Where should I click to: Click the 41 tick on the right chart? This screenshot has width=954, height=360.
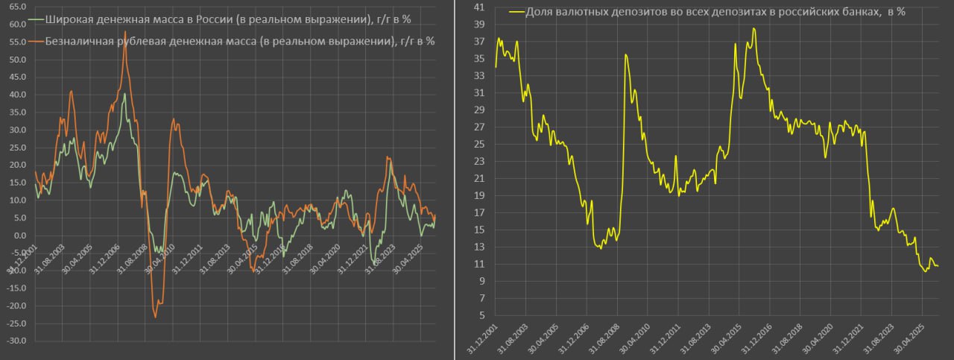pos(479,7)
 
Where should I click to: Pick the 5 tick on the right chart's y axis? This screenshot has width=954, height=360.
pos(482,315)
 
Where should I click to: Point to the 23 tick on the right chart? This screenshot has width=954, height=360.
pos(479,161)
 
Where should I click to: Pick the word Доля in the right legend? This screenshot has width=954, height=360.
pos(540,13)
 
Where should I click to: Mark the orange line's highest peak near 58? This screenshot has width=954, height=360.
pos(125,32)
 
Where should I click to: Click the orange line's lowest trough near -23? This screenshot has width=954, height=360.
pos(156,317)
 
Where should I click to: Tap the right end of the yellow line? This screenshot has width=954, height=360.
pos(938,266)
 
